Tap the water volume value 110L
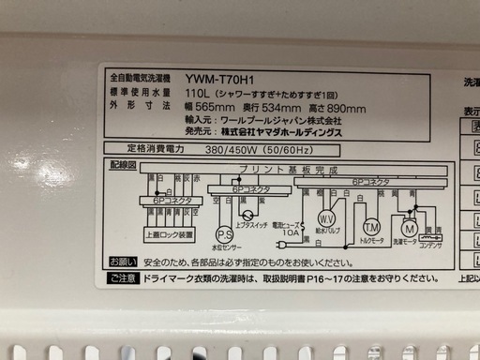[226, 95]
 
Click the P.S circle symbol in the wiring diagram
[225, 234]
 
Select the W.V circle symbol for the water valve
[327, 217]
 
